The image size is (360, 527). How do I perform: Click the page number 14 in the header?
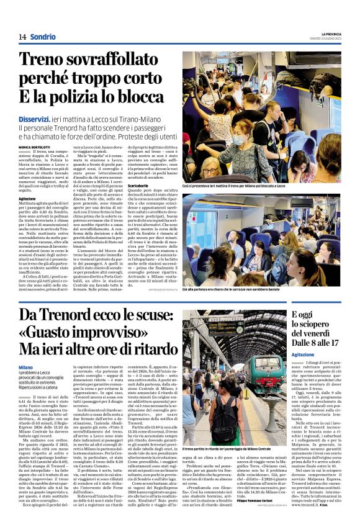[x=22, y=37]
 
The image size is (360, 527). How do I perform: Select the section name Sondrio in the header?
[x=43, y=37]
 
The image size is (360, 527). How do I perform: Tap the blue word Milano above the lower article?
[x=25, y=367]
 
